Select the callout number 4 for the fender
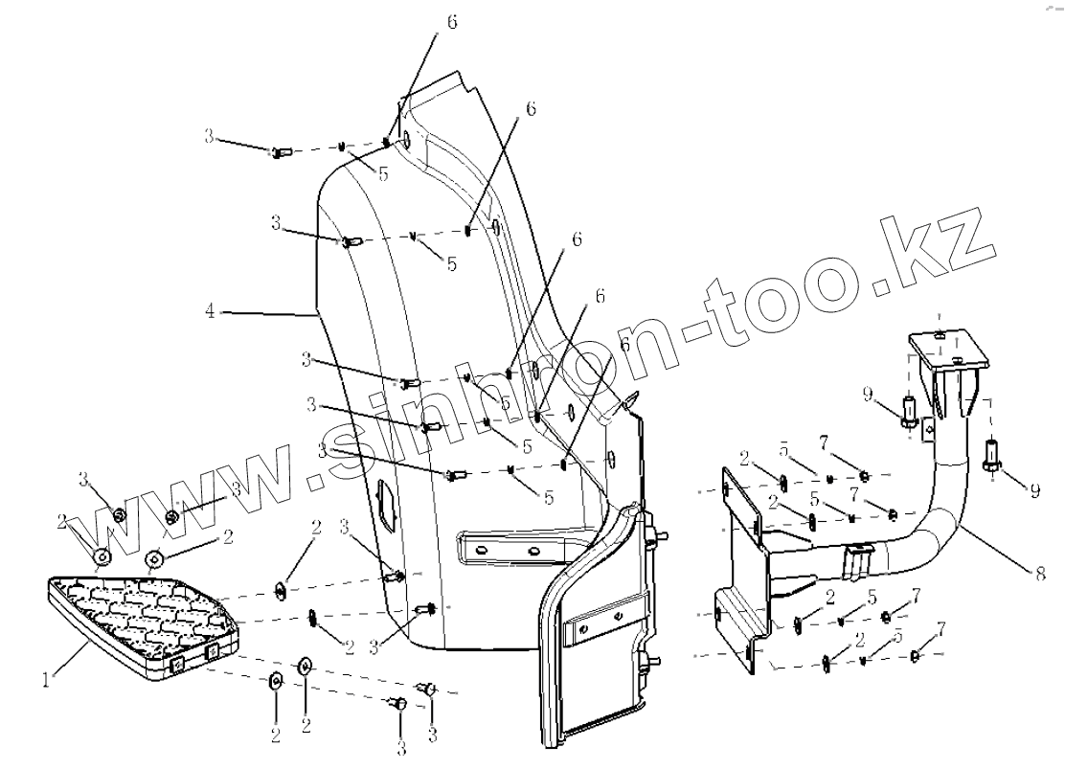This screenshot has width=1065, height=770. [209, 310]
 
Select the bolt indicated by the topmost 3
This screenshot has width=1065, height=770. [280, 151]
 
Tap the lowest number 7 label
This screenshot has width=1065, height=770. [942, 628]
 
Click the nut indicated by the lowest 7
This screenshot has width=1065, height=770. [914, 656]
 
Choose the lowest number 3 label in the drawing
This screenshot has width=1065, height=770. [402, 749]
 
